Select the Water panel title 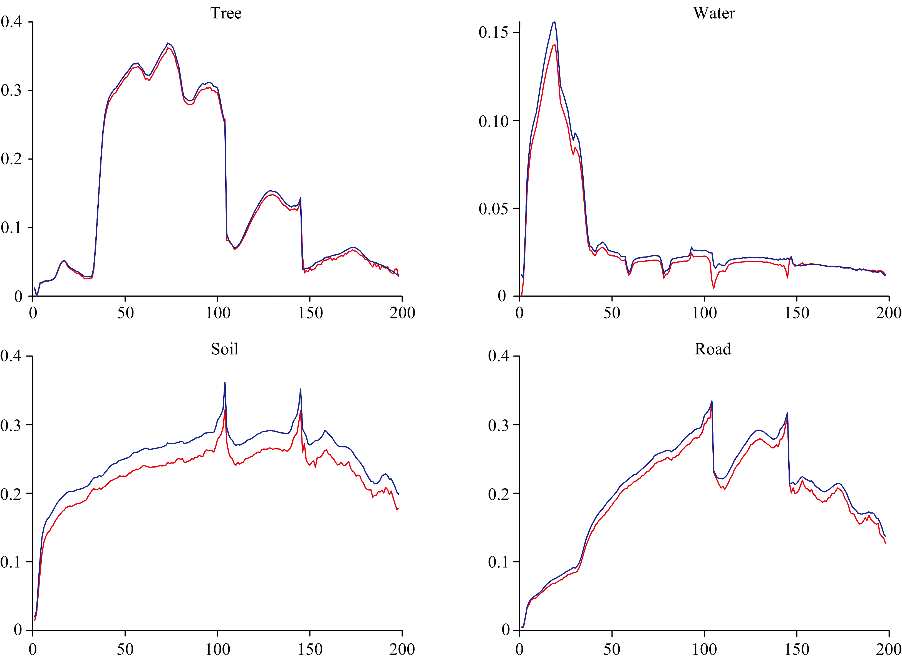point(714,13)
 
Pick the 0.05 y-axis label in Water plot point(493,208)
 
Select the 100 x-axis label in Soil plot point(217,649)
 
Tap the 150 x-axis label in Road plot point(797,649)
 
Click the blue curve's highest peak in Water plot point(555,22)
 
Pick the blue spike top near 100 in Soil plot point(225,383)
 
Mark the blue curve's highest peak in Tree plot point(168,43)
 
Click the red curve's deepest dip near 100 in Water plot point(713,288)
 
